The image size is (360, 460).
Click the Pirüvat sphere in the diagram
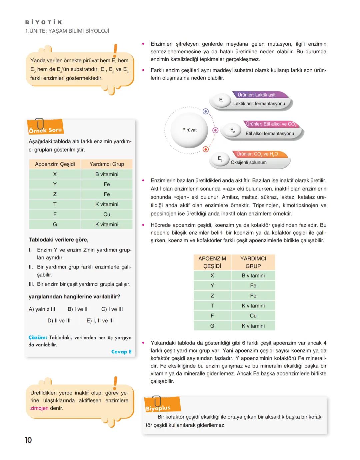tap(189, 130)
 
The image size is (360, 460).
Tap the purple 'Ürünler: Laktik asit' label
tap(256, 95)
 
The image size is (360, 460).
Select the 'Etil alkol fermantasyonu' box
tap(270, 134)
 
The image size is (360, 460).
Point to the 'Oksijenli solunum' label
tap(249, 163)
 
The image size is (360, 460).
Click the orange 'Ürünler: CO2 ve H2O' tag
tap(257, 154)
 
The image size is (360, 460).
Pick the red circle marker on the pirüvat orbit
tap(206, 149)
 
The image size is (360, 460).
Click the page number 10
tap(28, 440)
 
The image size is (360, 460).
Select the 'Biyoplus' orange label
tap(158, 408)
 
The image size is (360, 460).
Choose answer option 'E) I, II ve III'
tap(100, 320)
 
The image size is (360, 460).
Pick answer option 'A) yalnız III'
tap(42, 309)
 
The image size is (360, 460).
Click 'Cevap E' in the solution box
tap(121, 352)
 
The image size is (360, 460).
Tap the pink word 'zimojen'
tap(39, 408)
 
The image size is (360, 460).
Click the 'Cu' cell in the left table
tap(107, 214)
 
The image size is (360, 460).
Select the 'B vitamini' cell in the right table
tap(253, 275)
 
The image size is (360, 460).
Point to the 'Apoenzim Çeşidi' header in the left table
tap(55, 164)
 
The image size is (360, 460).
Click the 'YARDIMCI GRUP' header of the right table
tap(253, 262)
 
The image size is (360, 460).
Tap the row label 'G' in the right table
tap(212, 326)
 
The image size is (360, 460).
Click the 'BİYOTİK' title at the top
tap(44, 22)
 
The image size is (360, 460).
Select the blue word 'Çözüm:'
tap(38, 337)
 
